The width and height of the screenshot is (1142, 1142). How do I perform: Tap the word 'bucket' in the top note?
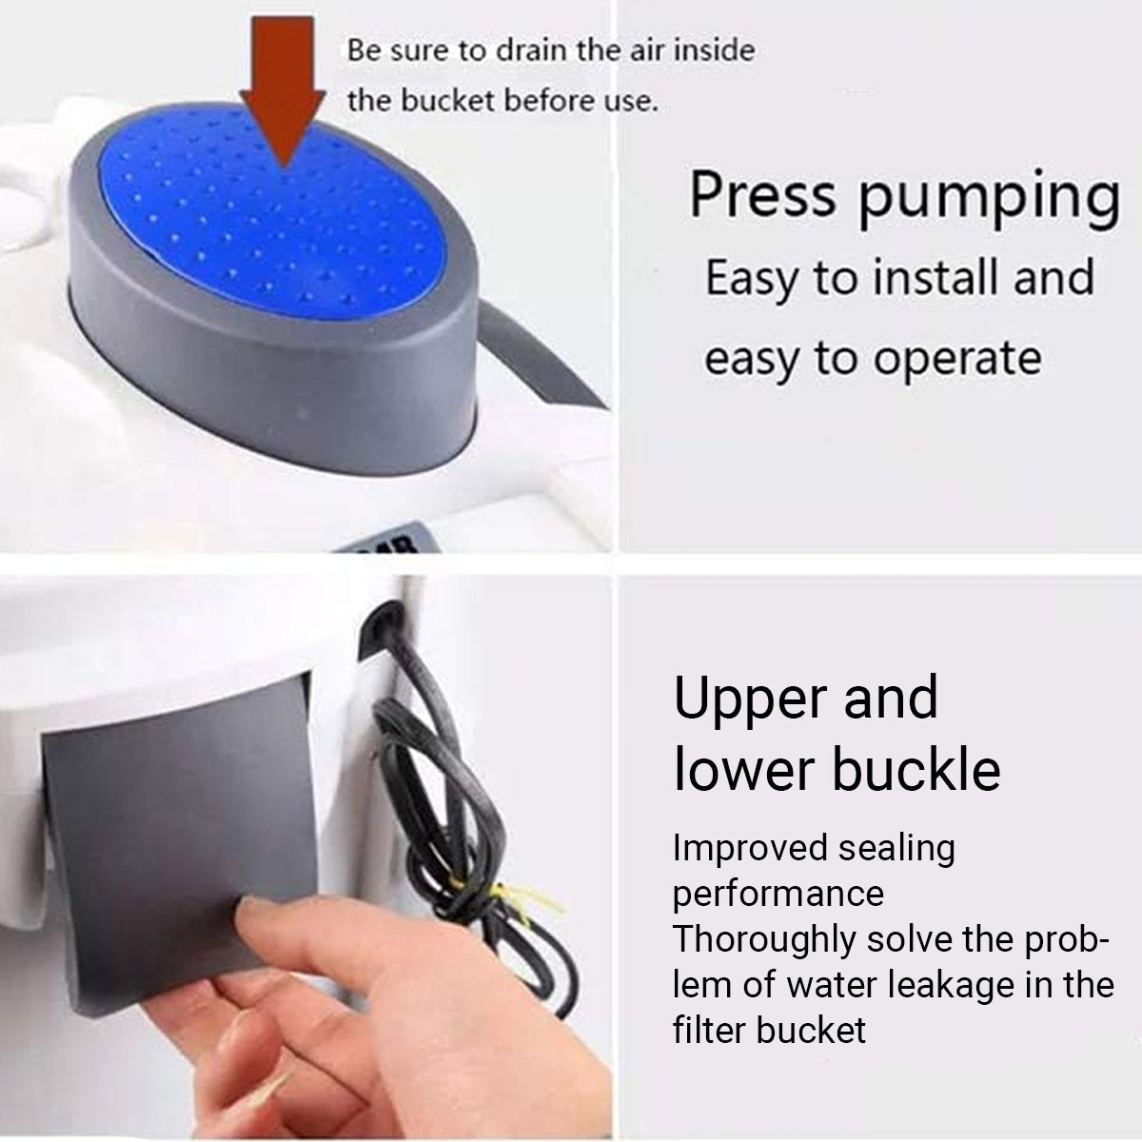[452, 100]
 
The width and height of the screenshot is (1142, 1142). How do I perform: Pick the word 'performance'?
[778, 894]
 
